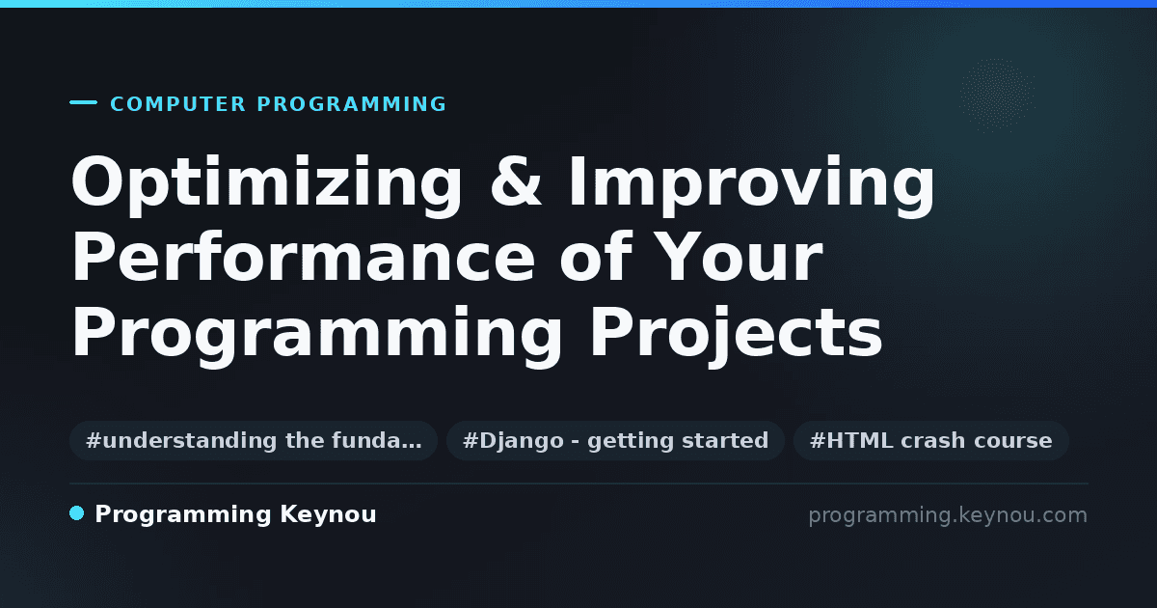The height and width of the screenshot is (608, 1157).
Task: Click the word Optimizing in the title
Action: tap(266, 185)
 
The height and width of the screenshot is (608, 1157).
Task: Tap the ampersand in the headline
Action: tap(516, 180)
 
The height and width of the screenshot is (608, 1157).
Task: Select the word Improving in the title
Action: tap(752, 185)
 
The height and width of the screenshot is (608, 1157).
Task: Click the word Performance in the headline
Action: tap(303, 257)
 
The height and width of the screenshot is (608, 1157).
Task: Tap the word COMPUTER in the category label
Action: tap(178, 104)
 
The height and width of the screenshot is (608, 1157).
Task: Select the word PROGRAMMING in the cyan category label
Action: tap(352, 104)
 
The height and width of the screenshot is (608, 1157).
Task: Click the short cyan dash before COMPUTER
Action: tap(83, 102)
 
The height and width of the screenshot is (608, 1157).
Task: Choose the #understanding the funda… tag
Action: tap(254, 440)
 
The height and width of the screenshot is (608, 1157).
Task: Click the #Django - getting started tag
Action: tap(616, 440)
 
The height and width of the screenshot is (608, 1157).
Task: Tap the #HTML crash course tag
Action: tap(930, 440)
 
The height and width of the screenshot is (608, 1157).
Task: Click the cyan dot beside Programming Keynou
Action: tap(76, 513)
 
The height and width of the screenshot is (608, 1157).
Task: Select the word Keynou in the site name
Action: tap(328, 515)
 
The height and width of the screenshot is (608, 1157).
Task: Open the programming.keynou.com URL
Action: tap(948, 515)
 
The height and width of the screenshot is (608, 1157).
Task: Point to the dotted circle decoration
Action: tap(997, 95)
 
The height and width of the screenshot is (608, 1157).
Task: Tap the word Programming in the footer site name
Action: tap(183, 515)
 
